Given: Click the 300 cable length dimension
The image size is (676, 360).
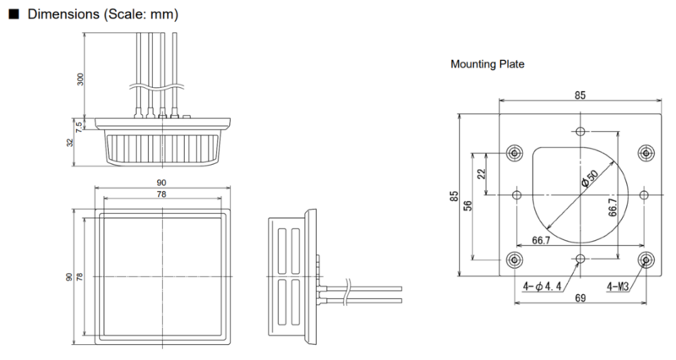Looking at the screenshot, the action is point(80,79).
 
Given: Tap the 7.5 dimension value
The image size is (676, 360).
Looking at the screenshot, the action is point(79,126).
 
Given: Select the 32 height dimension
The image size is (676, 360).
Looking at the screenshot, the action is point(70,142).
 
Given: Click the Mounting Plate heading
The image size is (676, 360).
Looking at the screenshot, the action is point(488,64).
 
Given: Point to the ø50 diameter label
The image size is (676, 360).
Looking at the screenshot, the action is point(590,177).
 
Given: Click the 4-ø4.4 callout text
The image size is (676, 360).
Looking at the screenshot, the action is point(542,286).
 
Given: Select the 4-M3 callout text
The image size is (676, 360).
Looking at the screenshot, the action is point(618,286).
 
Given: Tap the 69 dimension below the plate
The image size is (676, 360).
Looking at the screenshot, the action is point(581,298).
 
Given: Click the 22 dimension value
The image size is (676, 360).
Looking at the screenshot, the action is point(482,174).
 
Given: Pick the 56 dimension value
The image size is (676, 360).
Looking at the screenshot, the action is point(468,205).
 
